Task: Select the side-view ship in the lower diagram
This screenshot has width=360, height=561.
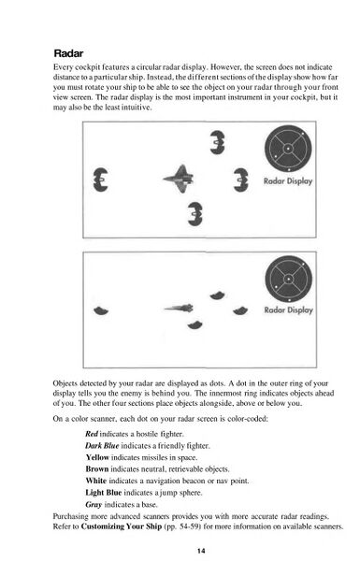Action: (179, 308)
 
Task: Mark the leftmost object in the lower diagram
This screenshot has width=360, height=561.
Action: (102, 309)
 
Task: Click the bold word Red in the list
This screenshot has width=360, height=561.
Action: (92, 435)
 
